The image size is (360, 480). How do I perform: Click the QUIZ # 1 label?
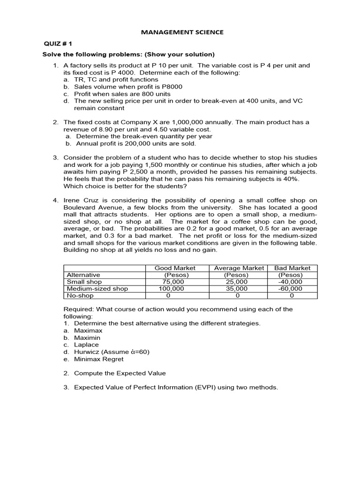point(57,44)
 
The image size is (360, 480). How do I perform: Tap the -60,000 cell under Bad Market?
point(290,289)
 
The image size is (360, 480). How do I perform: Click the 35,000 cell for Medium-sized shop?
point(237,289)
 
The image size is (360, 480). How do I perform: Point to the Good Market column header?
point(175,268)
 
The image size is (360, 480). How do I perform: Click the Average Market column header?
point(239,268)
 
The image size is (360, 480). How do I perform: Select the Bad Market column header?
point(292,268)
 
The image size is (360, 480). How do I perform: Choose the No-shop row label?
point(80,296)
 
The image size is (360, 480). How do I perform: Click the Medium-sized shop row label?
point(97,289)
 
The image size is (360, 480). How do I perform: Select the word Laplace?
point(87,345)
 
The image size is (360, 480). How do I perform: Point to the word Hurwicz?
point(87,352)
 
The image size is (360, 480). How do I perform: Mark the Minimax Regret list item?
point(99,359)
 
